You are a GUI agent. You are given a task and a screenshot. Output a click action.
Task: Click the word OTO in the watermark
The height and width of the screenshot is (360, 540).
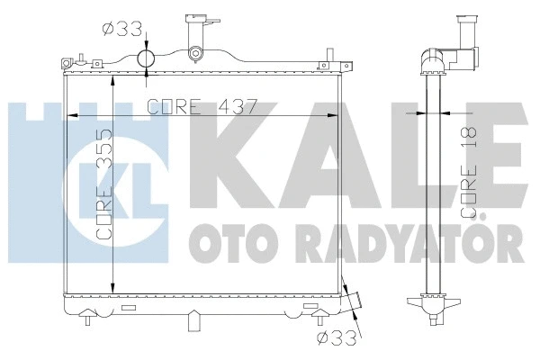pos(216,242)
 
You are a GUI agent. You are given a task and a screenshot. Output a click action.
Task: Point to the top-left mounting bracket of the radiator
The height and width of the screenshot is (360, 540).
pos(67,63)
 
